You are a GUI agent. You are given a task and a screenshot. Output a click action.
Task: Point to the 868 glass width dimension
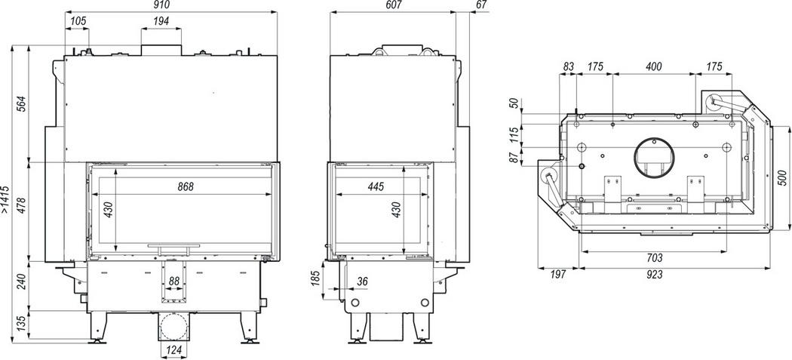click(186, 186)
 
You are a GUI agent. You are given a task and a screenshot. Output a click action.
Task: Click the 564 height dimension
click(21, 104)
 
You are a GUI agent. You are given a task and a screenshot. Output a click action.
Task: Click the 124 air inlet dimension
click(173, 350)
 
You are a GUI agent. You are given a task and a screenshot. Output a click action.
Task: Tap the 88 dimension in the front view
click(173, 281)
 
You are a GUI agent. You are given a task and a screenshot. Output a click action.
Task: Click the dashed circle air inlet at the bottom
click(173, 327)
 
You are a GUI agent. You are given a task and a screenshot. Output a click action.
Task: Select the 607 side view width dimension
click(394, 5)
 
